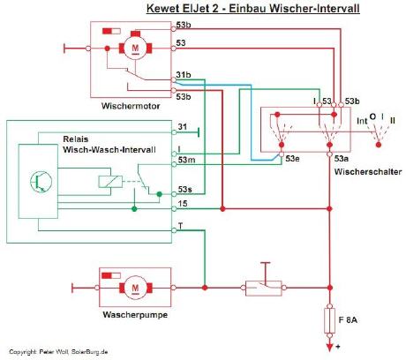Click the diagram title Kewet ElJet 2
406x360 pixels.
[x=183, y=8]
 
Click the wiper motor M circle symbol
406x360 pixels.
[x=135, y=49]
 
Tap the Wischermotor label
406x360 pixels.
[x=131, y=106]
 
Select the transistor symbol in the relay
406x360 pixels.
[x=41, y=182]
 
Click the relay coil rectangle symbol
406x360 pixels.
[x=110, y=182]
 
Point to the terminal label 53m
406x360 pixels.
[x=186, y=160]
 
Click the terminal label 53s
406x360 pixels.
[x=185, y=189]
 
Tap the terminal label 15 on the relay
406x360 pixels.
[x=183, y=204]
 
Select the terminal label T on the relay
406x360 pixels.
[x=180, y=226]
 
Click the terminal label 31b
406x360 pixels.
[x=184, y=75]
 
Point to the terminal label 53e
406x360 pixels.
[x=292, y=159]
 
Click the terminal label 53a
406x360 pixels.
[x=342, y=159]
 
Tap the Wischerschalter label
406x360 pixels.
[x=368, y=172]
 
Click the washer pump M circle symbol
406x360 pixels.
[x=135, y=288]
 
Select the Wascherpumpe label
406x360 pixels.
[x=135, y=315]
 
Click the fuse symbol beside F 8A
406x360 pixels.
[x=329, y=320]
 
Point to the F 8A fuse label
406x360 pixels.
[x=348, y=319]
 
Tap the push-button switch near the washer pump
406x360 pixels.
[x=263, y=288]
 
